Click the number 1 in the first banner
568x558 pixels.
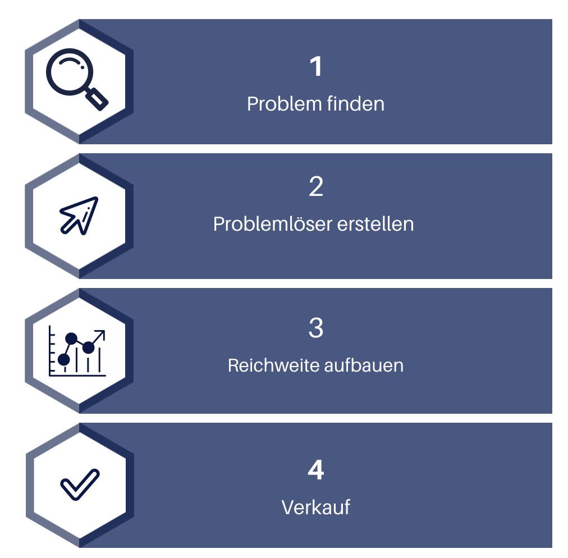click(316, 67)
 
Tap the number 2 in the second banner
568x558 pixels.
click(316, 186)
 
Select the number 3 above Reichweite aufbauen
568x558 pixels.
click(316, 328)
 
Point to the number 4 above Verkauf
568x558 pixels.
click(316, 470)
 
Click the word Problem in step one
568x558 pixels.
click(285, 104)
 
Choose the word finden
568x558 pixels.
click(355, 104)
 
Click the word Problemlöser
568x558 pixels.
click(273, 224)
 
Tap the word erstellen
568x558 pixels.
click(375, 224)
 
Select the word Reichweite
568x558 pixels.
click(274, 365)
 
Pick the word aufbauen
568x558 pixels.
click(364, 365)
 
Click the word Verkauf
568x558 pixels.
click(316, 507)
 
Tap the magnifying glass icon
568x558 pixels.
click(77, 79)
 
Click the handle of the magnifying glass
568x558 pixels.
click(97, 99)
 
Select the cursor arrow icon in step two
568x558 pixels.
click(79, 216)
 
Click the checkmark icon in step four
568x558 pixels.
click(80, 485)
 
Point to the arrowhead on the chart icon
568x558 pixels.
click(100, 334)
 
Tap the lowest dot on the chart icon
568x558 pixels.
click(64, 360)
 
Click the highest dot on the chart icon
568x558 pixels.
click(71, 339)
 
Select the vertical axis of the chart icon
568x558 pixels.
click(50, 350)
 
